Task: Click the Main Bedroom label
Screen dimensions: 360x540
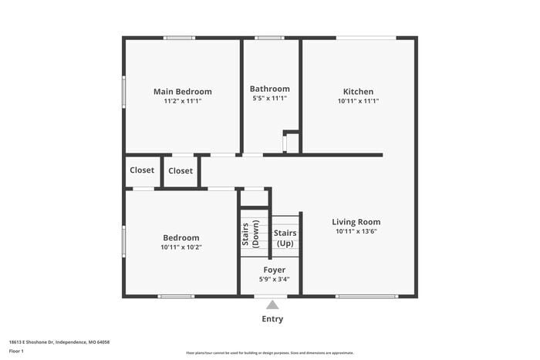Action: pos(182,92)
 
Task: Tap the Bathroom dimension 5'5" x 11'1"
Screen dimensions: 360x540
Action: pos(270,99)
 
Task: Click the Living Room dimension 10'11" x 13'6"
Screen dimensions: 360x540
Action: pos(356,231)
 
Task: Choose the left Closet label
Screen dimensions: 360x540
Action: pos(142,170)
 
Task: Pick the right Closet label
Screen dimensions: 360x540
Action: pos(181,171)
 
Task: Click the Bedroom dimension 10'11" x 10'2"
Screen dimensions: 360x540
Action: pos(181,247)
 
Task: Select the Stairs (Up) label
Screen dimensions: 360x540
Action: pos(285,237)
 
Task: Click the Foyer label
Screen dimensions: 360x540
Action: pos(275,270)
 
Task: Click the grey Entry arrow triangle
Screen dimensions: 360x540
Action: pos(272,304)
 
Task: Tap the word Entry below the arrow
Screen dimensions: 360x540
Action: pos(272,319)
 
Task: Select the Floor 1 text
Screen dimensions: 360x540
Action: pos(16,351)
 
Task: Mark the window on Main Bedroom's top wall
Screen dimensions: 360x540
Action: pos(179,37)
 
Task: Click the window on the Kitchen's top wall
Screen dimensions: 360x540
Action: pos(366,37)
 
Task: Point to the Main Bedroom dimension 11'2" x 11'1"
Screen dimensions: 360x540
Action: pos(182,101)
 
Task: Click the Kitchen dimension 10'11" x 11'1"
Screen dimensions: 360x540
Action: pos(358,101)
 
